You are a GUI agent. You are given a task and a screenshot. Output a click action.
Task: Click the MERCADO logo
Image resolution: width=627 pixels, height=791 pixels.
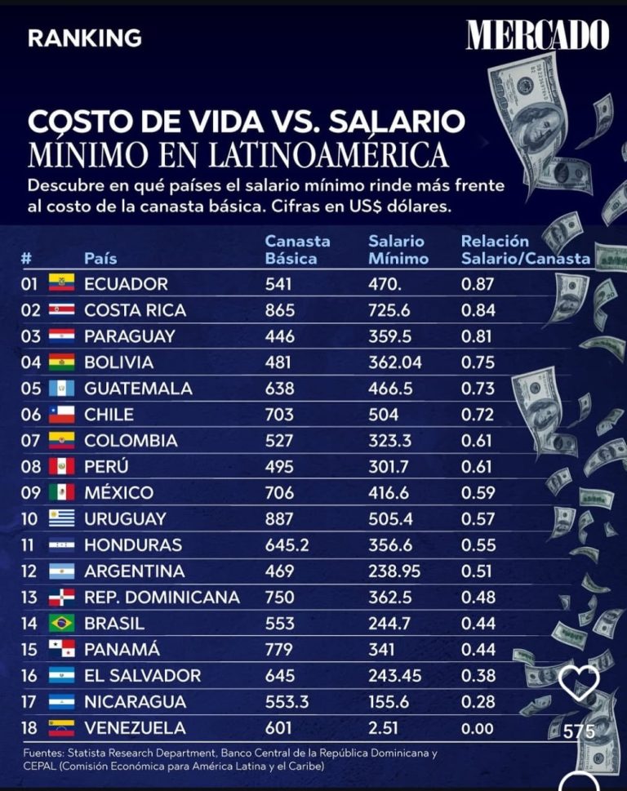[x=537, y=35]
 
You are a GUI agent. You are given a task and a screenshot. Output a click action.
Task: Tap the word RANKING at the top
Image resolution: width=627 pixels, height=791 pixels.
[x=84, y=38]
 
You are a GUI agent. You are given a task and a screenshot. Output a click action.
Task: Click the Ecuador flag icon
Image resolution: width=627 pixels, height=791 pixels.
[x=62, y=283]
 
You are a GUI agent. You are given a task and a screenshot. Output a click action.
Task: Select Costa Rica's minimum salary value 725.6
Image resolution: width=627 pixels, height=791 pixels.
[x=392, y=310]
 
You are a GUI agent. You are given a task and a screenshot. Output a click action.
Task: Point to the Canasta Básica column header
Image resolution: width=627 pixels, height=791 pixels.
[x=297, y=250]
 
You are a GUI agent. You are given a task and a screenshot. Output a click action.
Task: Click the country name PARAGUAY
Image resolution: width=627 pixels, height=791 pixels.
[x=129, y=336]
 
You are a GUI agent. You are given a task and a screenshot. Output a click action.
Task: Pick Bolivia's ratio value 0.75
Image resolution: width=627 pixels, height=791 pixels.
[x=478, y=362]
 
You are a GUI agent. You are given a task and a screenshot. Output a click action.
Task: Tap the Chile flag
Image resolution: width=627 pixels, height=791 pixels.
[x=62, y=415]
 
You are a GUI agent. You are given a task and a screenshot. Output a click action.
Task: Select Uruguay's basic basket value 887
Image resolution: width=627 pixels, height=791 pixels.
[x=279, y=519]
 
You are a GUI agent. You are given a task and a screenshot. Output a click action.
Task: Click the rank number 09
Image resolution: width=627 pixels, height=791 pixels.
[x=30, y=493]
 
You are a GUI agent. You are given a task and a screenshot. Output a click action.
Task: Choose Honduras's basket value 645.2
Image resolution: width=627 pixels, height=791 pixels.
[x=287, y=545]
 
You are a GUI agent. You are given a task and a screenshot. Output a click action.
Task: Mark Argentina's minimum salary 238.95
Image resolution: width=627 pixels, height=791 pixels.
[x=397, y=571]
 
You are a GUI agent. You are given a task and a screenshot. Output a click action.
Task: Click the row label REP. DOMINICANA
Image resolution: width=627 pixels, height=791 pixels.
[x=162, y=598]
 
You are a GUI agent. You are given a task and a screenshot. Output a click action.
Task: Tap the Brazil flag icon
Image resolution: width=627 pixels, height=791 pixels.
[x=62, y=624]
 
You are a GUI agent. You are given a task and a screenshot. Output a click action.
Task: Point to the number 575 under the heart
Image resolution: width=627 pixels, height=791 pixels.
[x=579, y=731]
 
